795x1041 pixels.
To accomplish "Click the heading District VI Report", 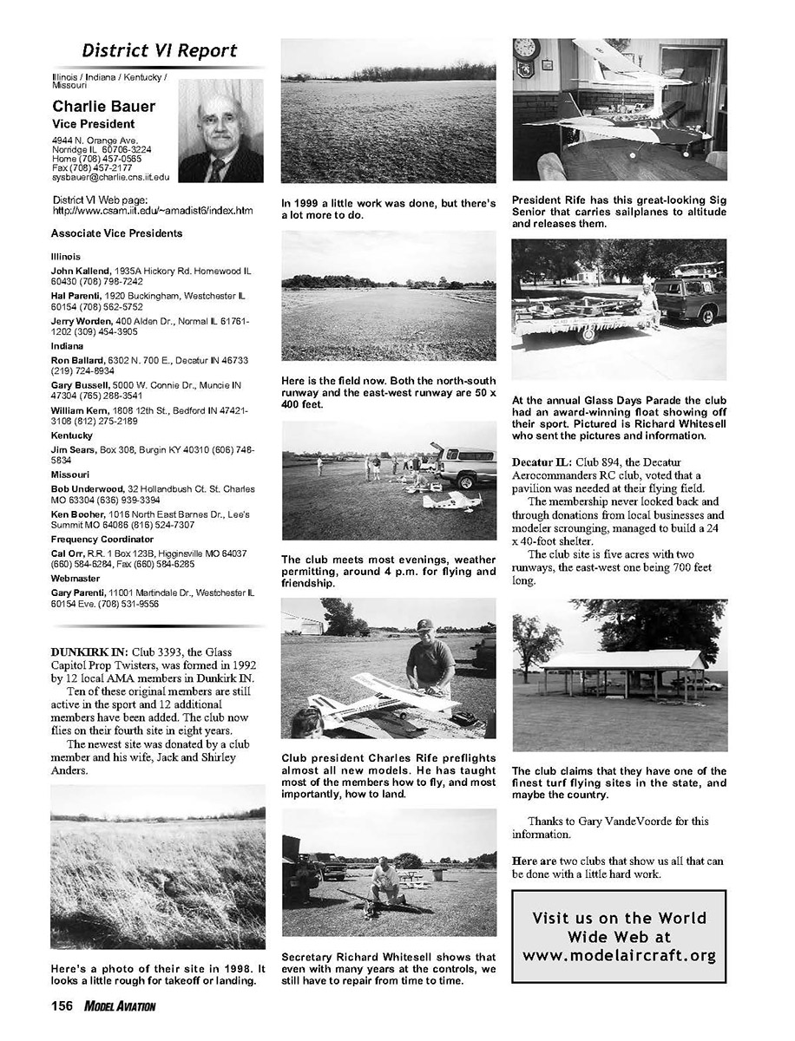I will [x=159, y=50].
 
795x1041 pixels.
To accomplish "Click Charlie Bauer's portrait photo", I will [x=220, y=131].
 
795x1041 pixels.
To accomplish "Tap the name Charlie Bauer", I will [x=104, y=107].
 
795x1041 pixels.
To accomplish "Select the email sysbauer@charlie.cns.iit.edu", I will [x=110, y=177].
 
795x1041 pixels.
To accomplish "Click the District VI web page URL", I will [x=153, y=211].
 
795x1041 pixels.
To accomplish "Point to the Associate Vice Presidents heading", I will [x=116, y=234].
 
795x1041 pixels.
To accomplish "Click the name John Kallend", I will [x=79, y=271].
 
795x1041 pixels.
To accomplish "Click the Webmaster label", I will [x=76, y=581].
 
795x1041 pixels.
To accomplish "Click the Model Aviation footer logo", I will [x=120, y=1006].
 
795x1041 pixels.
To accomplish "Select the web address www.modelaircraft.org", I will [x=619, y=956].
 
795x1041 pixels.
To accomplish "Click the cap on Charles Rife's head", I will [x=424, y=625].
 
